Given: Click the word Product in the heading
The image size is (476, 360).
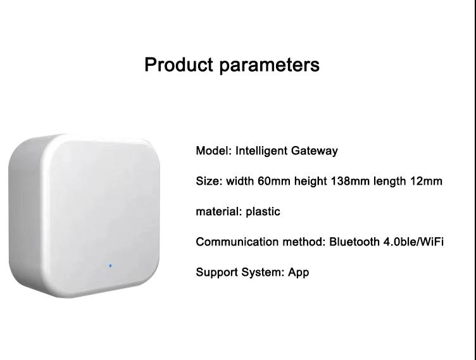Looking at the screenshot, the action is tap(178, 65).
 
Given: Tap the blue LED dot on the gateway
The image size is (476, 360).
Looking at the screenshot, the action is tap(110, 266).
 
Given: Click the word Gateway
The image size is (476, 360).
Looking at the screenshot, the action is tap(314, 151).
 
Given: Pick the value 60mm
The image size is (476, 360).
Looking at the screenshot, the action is tap(274, 181).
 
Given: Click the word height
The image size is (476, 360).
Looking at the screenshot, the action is tap(311, 182).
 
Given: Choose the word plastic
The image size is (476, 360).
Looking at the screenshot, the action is tap(263, 212).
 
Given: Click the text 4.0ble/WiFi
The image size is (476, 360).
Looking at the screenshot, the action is tap(413, 242).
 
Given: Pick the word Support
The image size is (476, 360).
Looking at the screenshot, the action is tap(216, 273).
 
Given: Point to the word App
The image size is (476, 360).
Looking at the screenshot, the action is tap(298, 273).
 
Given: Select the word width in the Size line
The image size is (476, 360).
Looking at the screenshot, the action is tap(240, 181).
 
